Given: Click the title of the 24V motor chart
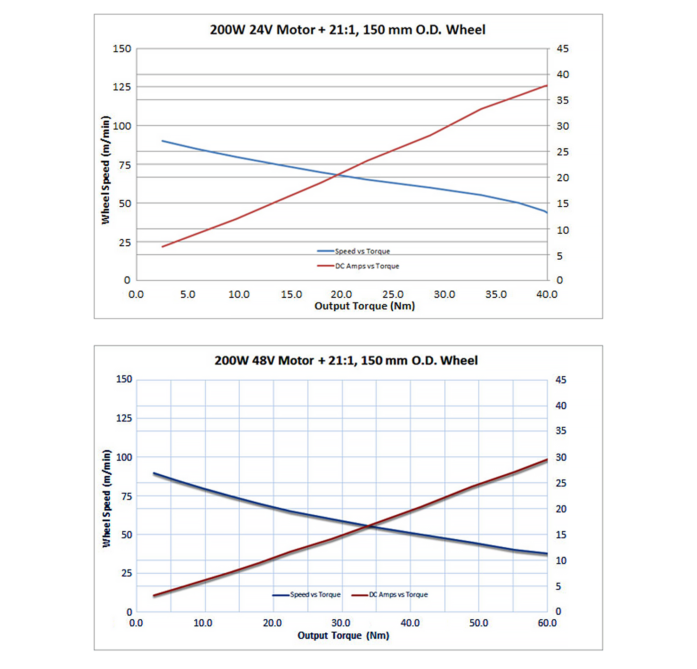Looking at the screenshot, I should (x=348, y=30).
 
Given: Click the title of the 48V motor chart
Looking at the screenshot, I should (x=346, y=361).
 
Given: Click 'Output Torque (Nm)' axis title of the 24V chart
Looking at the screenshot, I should (x=365, y=306).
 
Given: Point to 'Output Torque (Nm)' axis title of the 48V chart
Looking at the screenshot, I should (x=343, y=636).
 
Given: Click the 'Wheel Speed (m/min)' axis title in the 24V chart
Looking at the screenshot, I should (x=106, y=170).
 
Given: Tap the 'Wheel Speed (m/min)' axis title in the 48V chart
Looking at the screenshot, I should (x=107, y=498).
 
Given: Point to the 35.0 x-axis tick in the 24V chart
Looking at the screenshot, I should (x=496, y=295).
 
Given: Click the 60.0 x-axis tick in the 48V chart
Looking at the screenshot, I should (x=547, y=623).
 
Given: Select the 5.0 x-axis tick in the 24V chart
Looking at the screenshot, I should (x=188, y=295).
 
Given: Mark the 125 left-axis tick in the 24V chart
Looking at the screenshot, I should (x=122, y=87).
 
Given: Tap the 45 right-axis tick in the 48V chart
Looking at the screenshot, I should (x=561, y=380).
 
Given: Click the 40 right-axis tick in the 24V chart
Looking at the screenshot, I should (x=563, y=74).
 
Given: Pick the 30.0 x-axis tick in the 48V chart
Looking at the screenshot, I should (x=341, y=623).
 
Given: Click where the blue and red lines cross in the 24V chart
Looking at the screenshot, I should (x=338, y=175).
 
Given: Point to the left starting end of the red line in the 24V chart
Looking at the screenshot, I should (x=162, y=246).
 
